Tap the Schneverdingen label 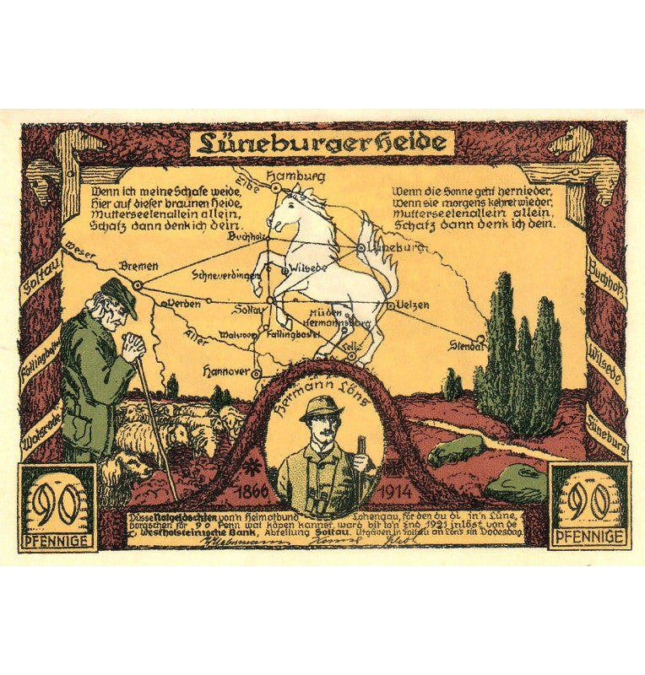pyautogui.click(x=221, y=274)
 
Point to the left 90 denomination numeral pyautogui.click(x=57, y=503)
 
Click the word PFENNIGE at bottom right pyautogui.click(x=588, y=536)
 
